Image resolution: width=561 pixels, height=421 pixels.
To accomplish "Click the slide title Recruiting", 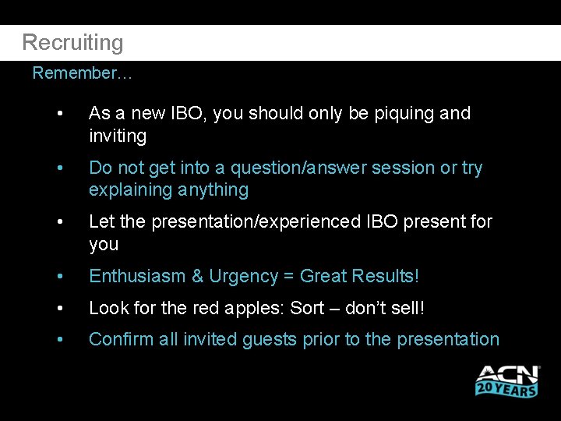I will click(72, 42).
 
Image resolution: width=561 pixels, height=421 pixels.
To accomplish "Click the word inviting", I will click(118, 136).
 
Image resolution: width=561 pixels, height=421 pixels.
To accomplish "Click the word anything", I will click(212, 190).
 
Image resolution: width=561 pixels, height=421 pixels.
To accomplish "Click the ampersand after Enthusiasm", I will click(197, 277).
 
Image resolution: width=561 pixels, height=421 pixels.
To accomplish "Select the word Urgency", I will click(244, 277).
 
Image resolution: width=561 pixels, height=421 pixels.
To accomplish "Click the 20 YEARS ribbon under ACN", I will click(506, 388).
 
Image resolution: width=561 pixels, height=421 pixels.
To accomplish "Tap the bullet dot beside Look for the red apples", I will click(59, 309).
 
